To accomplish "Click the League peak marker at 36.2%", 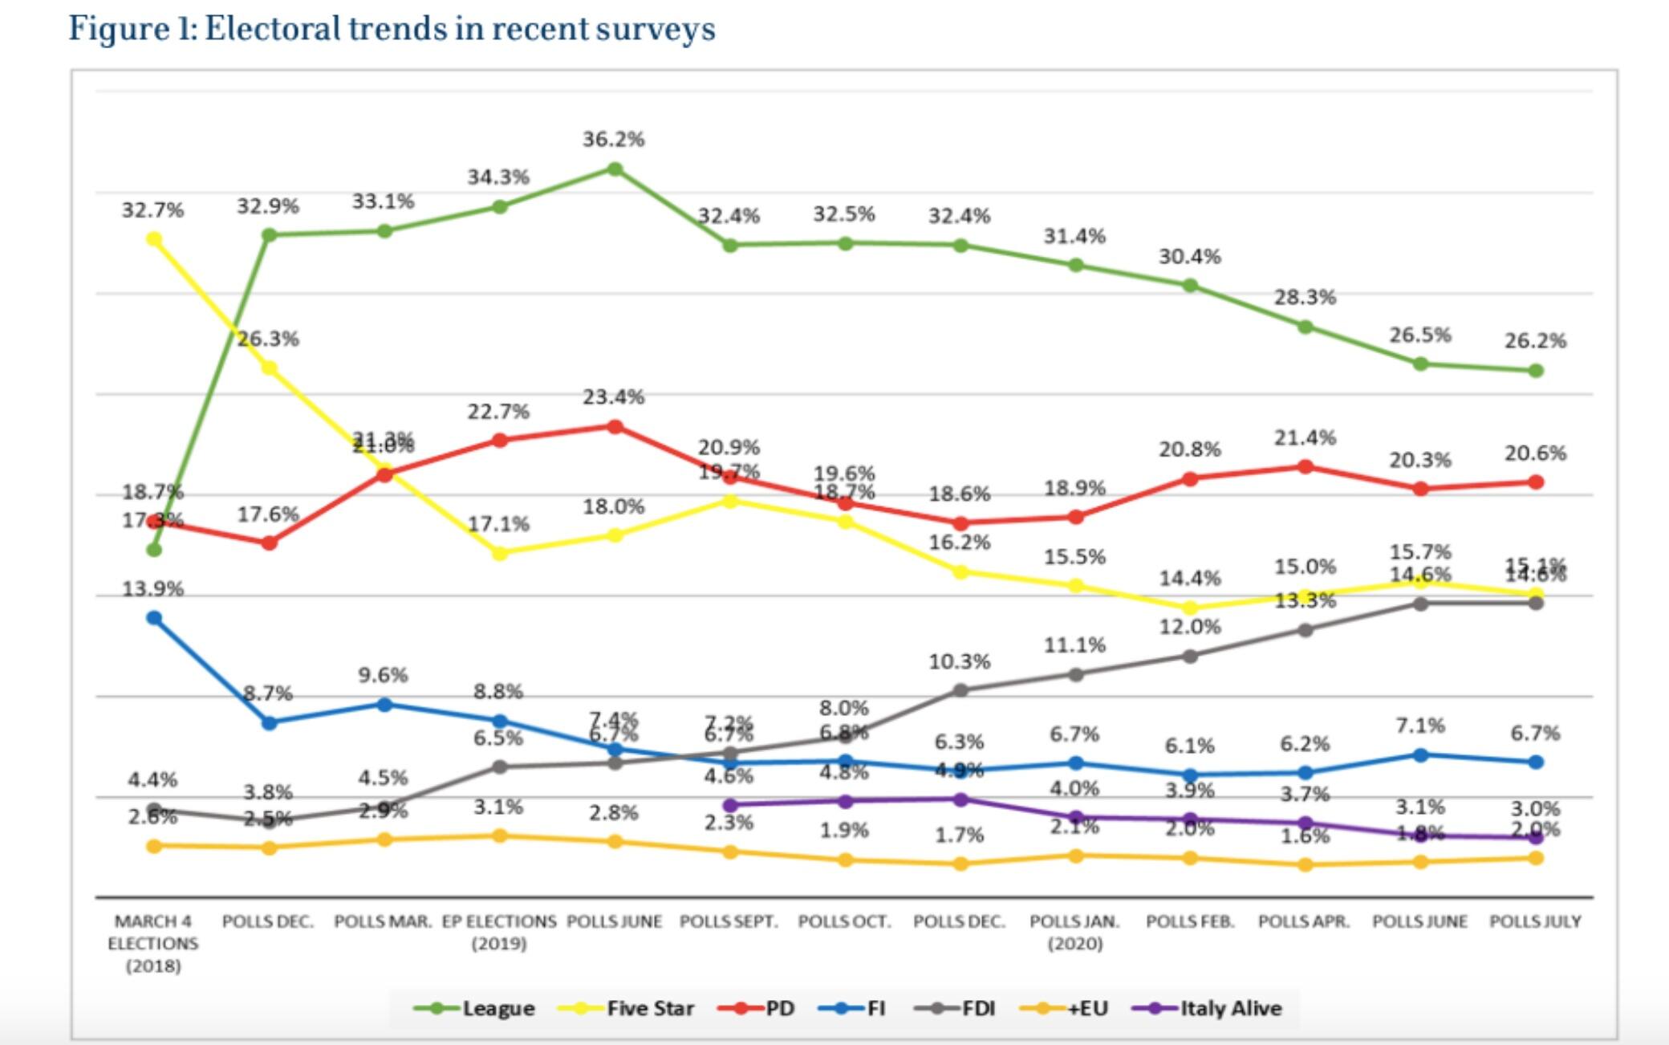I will (615, 169).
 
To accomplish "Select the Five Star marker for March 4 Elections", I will (154, 239).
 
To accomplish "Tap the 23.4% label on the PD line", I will (614, 397).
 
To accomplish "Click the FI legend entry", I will (854, 1008).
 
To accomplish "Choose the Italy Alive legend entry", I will (1208, 1008).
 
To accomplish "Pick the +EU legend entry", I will (1065, 1008).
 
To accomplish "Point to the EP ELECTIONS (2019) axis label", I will (499, 932).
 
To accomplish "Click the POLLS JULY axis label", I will (1535, 921).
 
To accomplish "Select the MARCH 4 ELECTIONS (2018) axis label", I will (153, 943).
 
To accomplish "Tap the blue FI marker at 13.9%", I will (155, 618).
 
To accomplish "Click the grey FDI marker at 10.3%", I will (960, 690).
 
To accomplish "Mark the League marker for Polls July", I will (1536, 371).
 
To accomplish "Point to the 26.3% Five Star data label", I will (268, 339).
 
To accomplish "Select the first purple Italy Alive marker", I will (730, 805).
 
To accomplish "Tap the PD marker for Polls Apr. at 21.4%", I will (1306, 467).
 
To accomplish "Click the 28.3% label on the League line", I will (1305, 298).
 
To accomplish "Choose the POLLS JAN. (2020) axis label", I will (1074, 932).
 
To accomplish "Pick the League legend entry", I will (475, 1008).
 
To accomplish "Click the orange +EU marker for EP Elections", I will (499, 836).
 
